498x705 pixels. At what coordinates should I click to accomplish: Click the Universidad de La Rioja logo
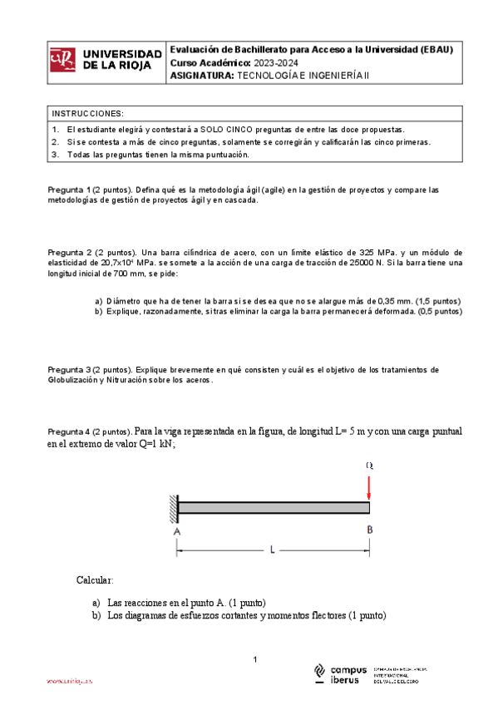[105, 61]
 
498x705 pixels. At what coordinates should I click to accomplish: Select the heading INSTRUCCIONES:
[87, 113]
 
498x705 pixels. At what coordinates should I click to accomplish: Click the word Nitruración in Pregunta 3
[126, 380]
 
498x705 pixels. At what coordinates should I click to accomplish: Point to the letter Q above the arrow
[369, 466]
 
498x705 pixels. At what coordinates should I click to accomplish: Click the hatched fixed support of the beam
[173, 507]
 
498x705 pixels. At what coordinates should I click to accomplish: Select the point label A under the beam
[177, 530]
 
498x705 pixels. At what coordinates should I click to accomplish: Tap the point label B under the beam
[369, 530]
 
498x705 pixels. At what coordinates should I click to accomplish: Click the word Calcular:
[95, 579]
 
